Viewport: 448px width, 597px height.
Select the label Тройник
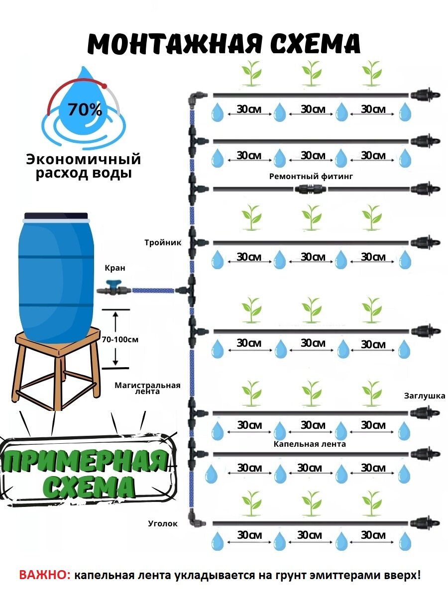click(x=163, y=243)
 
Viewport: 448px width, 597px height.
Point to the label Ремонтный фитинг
click(x=307, y=176)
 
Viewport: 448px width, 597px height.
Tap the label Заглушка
click(x=424, y=397)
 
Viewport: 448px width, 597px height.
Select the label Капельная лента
click(x=310, y=444)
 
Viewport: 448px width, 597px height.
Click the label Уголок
click(x=162, y=523)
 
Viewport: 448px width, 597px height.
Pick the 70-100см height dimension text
click(x=119, y=339)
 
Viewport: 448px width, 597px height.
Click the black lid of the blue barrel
click(x=56, y=216)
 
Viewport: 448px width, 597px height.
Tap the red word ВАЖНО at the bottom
click(x=44, y=575)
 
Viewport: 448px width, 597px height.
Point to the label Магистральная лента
click(x=147, y=388)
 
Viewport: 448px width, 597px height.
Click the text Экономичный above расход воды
click(x=84, y=160)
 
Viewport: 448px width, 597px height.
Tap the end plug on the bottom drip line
click(x=425, y=523)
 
